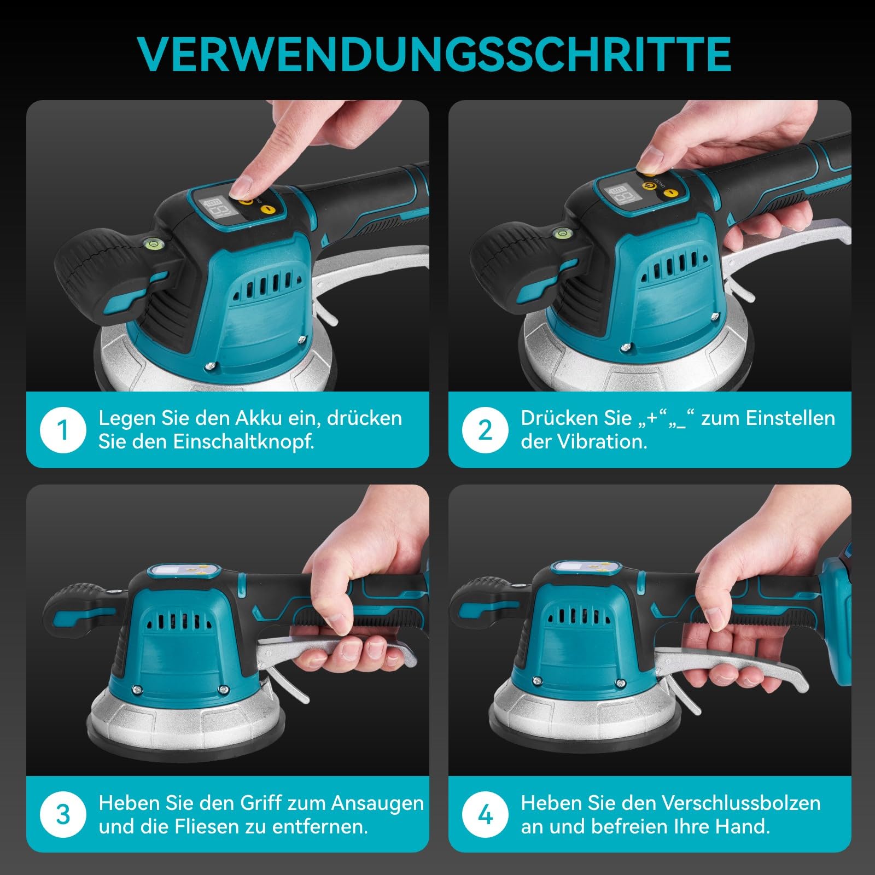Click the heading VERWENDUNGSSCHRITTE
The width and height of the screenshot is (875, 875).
tap(434, 55)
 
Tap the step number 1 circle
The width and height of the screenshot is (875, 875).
tap(63, 430)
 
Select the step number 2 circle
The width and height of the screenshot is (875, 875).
tap(485, 430)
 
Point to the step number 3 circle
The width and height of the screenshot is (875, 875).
tap(63, 815)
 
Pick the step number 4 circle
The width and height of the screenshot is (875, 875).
tap(485, 815)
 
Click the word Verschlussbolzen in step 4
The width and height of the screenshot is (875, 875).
tap(741, 803)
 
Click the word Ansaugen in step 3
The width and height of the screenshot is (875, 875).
tap(377, 803)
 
